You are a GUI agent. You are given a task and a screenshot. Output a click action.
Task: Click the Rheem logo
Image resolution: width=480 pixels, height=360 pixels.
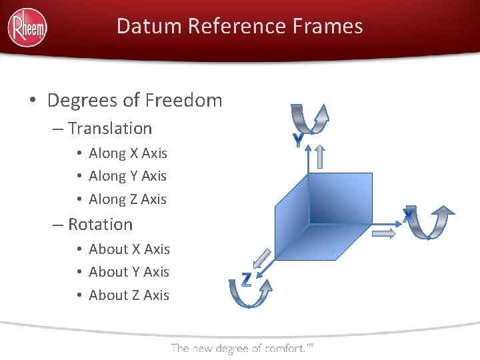[27, 27]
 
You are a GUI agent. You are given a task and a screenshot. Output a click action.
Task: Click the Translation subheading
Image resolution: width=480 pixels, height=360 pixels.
[110, 128]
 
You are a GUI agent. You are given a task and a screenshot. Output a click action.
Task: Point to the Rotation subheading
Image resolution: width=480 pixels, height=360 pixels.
[100, 224]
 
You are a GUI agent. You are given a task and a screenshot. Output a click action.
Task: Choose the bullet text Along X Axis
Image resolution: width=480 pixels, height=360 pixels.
[128, 153]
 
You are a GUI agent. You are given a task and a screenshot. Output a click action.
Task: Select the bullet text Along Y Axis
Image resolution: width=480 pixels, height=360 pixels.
[128, 176]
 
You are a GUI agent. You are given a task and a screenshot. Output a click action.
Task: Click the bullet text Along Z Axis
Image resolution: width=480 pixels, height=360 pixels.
[128, 199]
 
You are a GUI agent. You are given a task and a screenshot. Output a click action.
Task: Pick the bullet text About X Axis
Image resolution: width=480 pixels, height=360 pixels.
[129, 249]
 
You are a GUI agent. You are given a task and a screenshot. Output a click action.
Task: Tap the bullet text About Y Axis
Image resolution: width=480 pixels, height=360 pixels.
[129, 272]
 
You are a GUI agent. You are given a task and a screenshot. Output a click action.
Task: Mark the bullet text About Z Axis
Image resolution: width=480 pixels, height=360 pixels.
[129, 295]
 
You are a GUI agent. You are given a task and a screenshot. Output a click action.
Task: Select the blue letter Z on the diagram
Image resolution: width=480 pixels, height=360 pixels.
[246, 280]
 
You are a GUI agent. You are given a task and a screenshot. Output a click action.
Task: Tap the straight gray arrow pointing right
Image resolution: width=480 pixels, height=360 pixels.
[385, 233]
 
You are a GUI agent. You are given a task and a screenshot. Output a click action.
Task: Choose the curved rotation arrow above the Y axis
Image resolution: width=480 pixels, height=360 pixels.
[309, 119]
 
